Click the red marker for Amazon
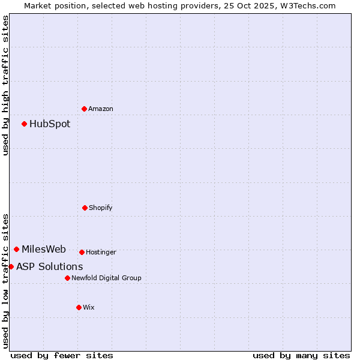point(84,109)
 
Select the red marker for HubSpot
point(24,124)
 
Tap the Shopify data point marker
point(85,208)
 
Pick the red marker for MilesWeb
point(16,249)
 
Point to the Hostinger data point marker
point(82,252)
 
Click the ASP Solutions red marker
point(11,266)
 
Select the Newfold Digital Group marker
point(67,278)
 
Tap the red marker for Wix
point(79,307)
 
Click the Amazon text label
point(101,109)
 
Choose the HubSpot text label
point(50,124)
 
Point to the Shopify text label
point(101,208)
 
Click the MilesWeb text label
point(44,250)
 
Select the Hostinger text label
point(101,252)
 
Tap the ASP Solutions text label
point(50,267)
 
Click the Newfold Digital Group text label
point(106,278)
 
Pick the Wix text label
point(89,307)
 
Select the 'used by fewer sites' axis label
point(62,355)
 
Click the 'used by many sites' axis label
point(301,355)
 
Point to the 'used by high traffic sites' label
point(5,85)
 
